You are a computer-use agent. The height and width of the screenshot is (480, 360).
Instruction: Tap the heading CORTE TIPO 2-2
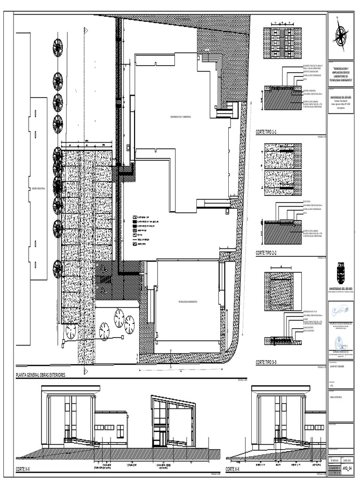click(267, 253)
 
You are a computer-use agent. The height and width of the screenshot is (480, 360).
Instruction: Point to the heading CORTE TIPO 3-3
click(267, 362)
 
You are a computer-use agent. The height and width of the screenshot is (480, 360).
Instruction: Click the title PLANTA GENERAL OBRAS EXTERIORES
click(41, 375)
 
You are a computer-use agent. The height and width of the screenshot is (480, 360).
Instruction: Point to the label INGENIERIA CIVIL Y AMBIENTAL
click(183, 116)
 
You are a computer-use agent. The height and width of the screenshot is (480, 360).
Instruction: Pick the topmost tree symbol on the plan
click(58, 48)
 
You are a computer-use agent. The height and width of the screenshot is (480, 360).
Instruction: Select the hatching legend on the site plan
click(145, 229)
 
